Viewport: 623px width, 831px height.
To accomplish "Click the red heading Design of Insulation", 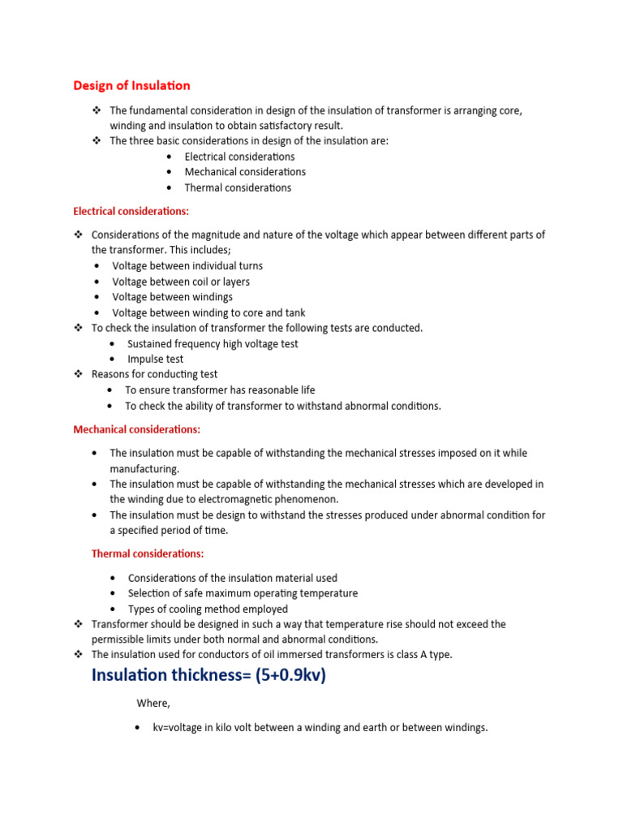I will pyautogui.click(x=131, y=85).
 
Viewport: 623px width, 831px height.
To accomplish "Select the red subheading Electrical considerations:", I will pyautogui.click(x=131, y=211).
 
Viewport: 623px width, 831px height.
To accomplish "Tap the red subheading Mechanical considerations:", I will pyautogui.click(x=136, y=429).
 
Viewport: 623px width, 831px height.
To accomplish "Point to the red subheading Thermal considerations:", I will pyautogui.click(x=148, y=553).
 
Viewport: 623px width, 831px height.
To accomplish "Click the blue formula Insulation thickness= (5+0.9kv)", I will pyautogui.click(x=208, y=674).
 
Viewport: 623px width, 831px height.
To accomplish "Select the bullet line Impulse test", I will pyautogui.click(x=156, y=359).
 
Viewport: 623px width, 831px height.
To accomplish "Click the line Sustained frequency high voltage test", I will pyautogui.click(x=213, y=343).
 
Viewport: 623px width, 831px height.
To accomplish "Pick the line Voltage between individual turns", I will pyautogui.click(x=187, y=265).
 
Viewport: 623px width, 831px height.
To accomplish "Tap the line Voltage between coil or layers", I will pyautogui.click(x=181, y=282).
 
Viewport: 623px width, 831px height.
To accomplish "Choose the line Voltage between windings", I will pyautogui.click(x=173, y=297).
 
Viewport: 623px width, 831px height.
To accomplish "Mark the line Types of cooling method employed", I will pyautogui.click(x=208, y=609).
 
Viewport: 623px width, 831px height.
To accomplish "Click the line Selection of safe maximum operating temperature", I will pyautogui.click(x=243, y=593).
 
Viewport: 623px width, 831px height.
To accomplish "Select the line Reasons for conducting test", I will pyautogui.click(x=154, y=374).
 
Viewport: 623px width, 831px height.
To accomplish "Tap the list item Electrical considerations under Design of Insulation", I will pyautogui.click(x=239, y=157).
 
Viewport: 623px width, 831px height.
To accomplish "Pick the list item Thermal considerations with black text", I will pyautogui.click(x=238, y=187).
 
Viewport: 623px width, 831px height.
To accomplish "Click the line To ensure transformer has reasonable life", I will pyautogui.click(x=220, y=390).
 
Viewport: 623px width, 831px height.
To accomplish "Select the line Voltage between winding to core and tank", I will pyautogui.click(x=208, y=312).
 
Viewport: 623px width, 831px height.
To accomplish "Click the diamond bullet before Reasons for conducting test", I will pyautogui.click(x=79, y=374).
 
